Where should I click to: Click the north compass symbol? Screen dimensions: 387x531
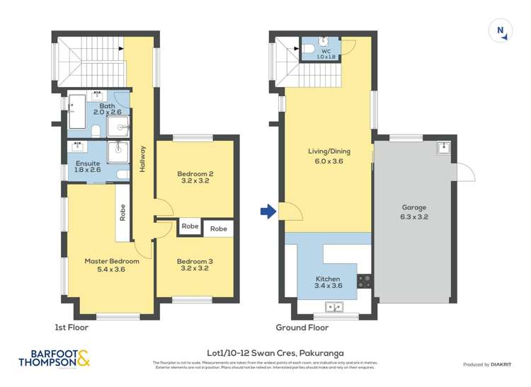pyautogui.click(x=501, y=30)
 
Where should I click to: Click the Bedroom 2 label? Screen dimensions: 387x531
pyautogui.click(x=195, y=177)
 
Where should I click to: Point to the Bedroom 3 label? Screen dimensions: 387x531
pyautogui.click(x=195, y=265)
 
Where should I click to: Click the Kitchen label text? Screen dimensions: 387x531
pyautogui.click(x=328, y=283)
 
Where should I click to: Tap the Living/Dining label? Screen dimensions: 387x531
pyautogui.click(x=329, y=156)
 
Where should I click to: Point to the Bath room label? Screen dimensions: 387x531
pyautogui.click(x=107, y=108)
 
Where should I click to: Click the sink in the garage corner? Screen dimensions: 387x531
pyautogui.click(x=443, y=148)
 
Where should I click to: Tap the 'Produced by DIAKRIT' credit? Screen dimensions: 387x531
pyautogui.click(x=491, y=364)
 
